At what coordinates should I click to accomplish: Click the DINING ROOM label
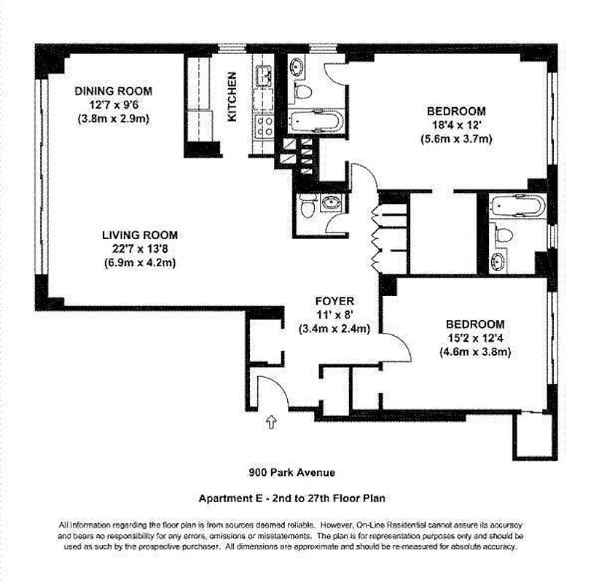coord(114,91)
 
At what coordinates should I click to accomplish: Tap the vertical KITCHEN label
coord(232,96)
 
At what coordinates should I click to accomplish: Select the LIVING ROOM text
coord(140,235)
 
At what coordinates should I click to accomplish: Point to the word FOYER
coord(334,301)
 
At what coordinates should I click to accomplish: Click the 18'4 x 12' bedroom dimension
coord(456,125)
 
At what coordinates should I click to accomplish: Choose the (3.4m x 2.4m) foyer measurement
coord(334,328)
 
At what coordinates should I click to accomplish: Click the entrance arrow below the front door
coord(272,421)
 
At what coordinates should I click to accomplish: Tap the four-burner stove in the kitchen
coord(263,126)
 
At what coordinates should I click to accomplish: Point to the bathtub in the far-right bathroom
coord(517,206)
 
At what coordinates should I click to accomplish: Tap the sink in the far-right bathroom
coord(501,260)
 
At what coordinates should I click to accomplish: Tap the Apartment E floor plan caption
coord(291,498)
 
